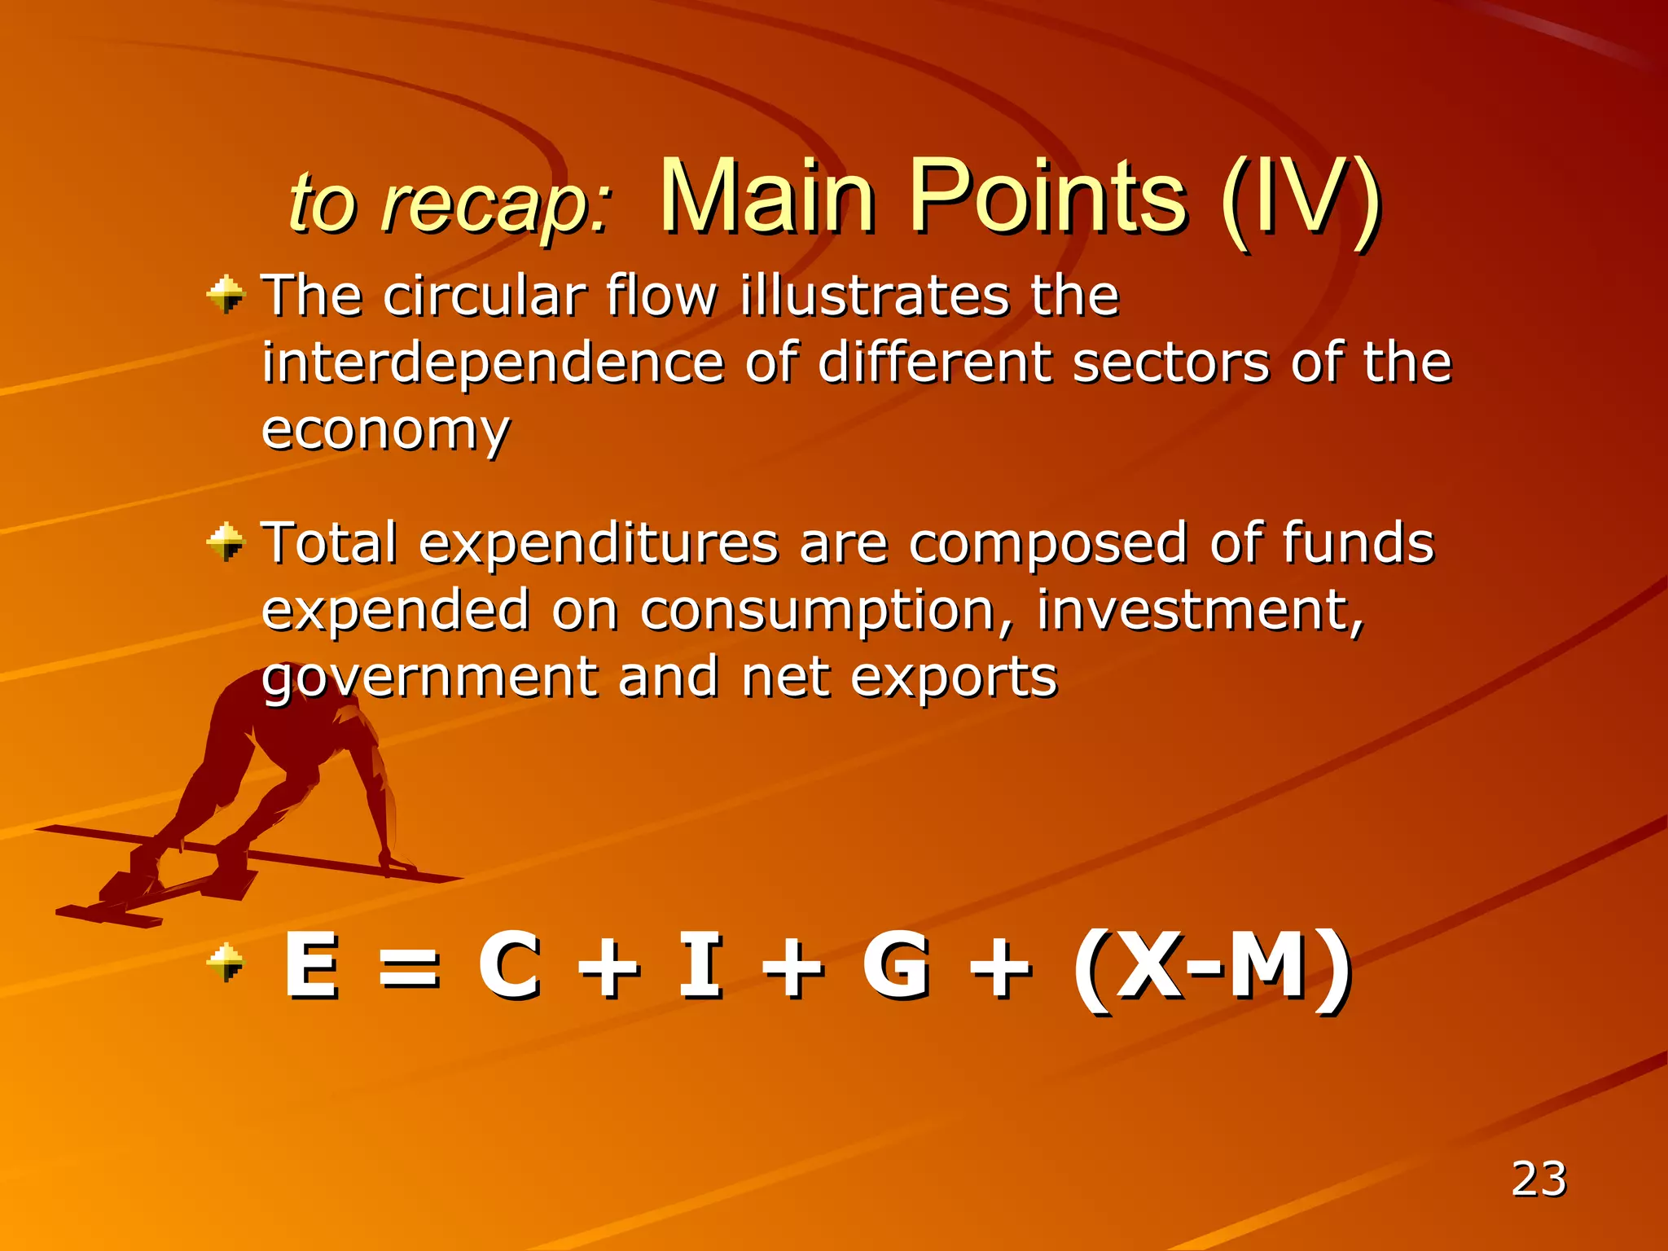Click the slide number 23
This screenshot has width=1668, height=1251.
tap(1539, 1179)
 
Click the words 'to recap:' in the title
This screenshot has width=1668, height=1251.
tap(450, 203)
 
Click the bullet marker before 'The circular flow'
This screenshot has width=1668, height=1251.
tap(226, 294)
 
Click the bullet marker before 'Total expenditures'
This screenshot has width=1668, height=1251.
tap(226, 542)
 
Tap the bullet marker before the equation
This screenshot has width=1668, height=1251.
tap(226, 963)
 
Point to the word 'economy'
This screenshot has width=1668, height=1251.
tap(385, 432)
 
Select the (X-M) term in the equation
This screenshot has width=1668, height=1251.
tap(1212, 968)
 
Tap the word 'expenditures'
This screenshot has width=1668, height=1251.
tap(599, 544)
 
